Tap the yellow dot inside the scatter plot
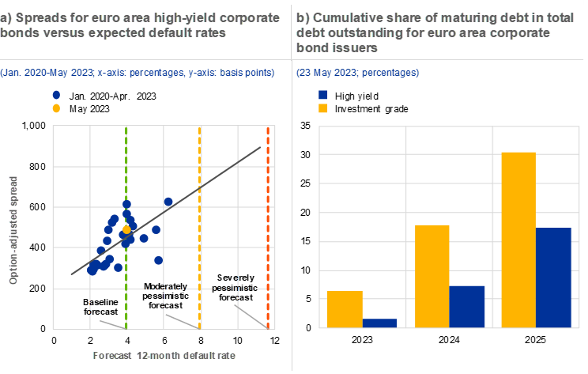pos(126,229)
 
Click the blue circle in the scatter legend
pos(56,95)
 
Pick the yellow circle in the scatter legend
pos(56,108)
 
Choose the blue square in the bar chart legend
pos(323,95)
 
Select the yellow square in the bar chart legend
pos(323,108)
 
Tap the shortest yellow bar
pos(345,308)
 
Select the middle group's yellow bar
pos(432,276)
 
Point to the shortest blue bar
pos(380,323)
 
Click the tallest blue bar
pos(553,277)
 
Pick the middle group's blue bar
pos(467,306)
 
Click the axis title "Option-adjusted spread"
pos(14,230)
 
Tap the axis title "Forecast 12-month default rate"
pos(164,355)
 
